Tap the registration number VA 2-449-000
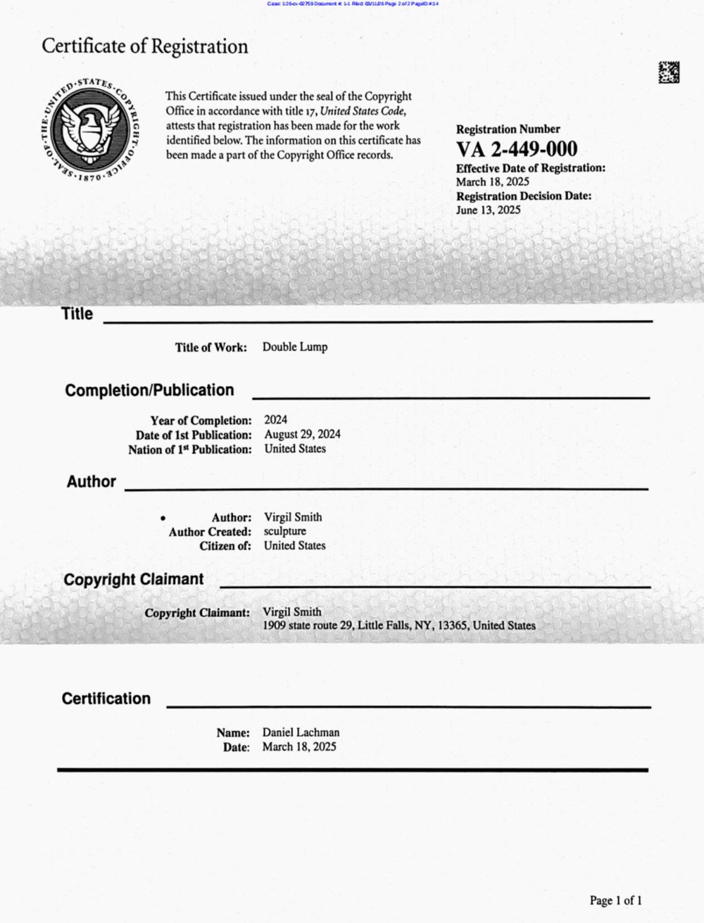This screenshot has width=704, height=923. pos(516,149)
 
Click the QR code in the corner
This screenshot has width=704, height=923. pos(668,72)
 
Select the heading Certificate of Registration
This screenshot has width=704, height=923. pos(145,46)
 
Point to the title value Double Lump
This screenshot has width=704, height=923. pos(294,347)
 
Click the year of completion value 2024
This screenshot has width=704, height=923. pos(275,420)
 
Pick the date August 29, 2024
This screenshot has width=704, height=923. pos(302,434)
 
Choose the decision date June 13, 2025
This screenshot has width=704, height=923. pos(488,210)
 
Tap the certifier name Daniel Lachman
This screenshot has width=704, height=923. pos(301,732)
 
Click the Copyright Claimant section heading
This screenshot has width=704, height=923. pos(134,580)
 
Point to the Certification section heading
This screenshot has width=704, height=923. pos(106,699)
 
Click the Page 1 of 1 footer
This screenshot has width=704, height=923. pos(615,900)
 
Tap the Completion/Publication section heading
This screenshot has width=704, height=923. pos(149,390)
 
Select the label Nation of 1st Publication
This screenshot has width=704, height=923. pos(189,450)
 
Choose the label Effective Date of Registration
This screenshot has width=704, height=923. pos(530,168)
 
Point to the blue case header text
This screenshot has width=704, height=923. pos(353,4)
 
